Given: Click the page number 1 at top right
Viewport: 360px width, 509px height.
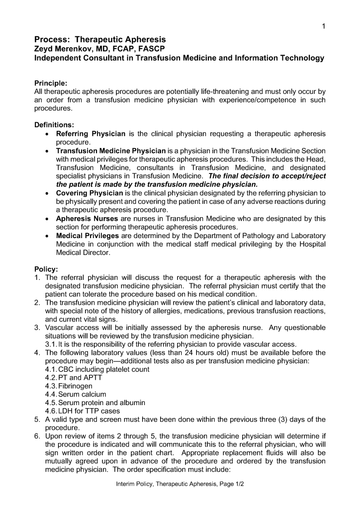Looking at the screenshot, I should [323, 27].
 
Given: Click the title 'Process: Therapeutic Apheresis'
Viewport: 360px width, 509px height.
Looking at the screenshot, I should [99, 39].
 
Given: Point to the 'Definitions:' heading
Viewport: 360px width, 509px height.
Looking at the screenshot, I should [54, 125].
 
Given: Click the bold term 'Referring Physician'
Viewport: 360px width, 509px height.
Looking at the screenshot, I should [90, 134].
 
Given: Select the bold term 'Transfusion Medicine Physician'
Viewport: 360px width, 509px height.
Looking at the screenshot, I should [110, 151].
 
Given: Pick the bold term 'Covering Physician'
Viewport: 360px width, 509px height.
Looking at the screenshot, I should [89, 193].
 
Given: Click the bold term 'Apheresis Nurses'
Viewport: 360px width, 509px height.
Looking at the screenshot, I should [87, 218].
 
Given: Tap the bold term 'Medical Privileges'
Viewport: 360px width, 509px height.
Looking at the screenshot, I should [88, 235].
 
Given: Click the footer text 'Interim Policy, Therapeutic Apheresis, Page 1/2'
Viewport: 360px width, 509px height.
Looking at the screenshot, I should [180, 484].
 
